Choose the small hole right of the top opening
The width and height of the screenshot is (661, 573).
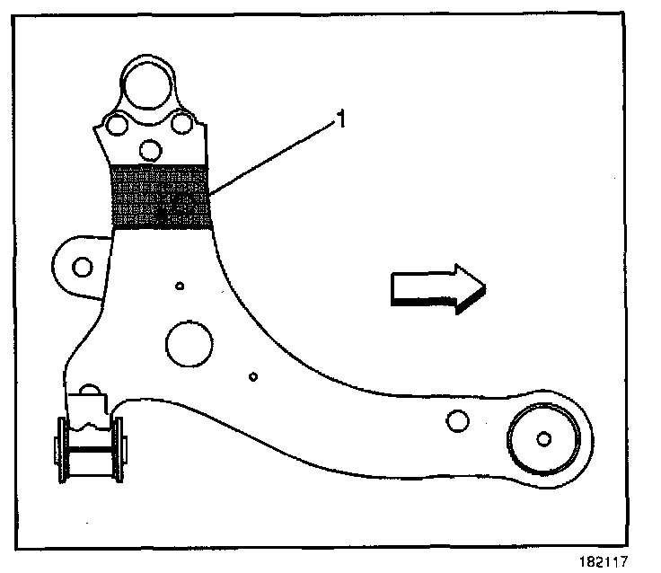coord(182,122)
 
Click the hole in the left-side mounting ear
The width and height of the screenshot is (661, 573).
coord(83,267)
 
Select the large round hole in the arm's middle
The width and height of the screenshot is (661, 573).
coord(189,341)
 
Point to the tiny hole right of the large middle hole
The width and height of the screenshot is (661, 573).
coord(253,376)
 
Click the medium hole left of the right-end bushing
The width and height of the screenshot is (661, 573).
coord(457,420)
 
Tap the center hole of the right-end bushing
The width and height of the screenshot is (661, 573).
coord(542,439)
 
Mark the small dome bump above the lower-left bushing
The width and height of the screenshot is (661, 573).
coord(90,392)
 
